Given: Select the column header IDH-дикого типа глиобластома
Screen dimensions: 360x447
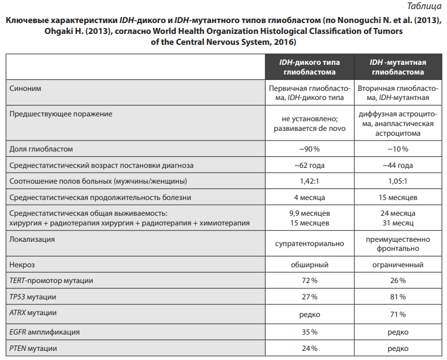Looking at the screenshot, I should point(309,67).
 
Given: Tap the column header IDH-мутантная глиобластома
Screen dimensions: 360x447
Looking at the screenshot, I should point(398,67).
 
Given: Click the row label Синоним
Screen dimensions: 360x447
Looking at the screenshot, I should point(26,88).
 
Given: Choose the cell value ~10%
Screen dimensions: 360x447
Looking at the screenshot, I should point(398,149).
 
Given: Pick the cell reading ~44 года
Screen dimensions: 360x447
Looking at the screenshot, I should point(398,165).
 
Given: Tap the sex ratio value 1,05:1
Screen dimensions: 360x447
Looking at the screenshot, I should point(398,181).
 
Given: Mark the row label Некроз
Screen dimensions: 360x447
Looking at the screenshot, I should point(23,265).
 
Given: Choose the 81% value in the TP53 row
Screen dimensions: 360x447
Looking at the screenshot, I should point(398,297).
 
